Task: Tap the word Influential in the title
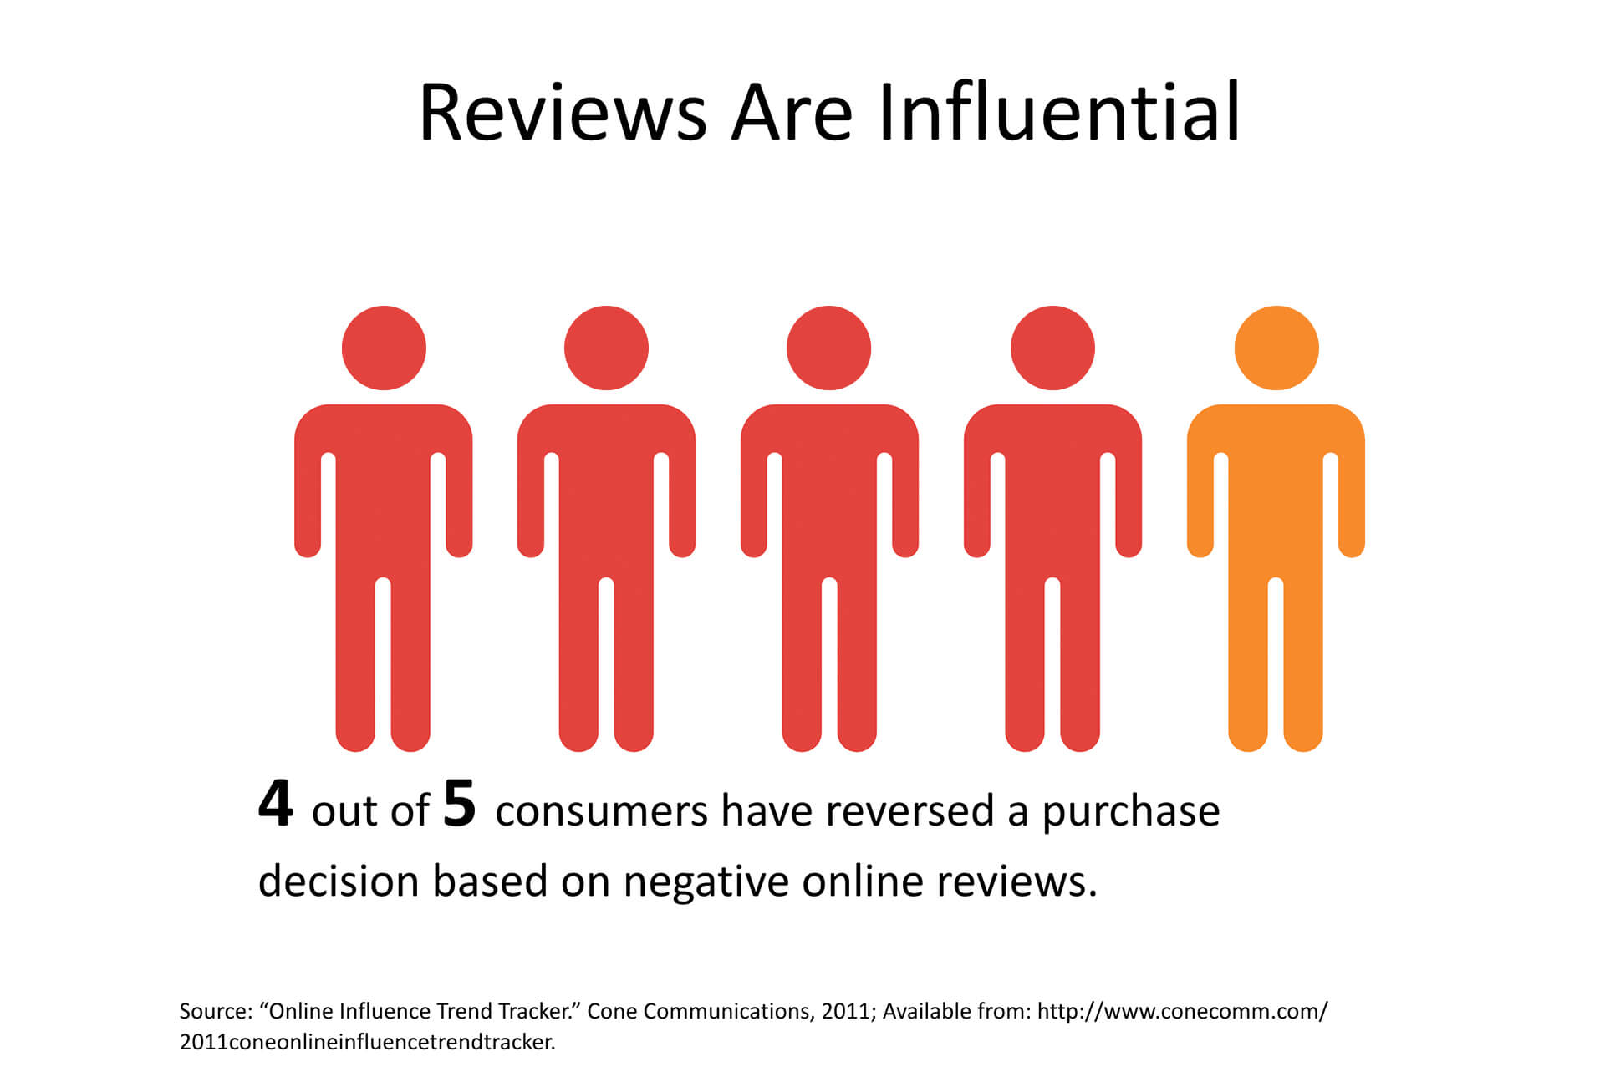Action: tap(1059, 110)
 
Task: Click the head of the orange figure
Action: tap(1276, 348)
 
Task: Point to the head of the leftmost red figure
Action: tap(384, 348)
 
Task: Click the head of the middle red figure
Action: tap(828, 348)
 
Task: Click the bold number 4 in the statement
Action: tap(275, 804)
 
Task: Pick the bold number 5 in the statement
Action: tap(459, 804)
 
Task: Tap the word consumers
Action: tap(602, 812)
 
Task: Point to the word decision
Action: tap(339, 881)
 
